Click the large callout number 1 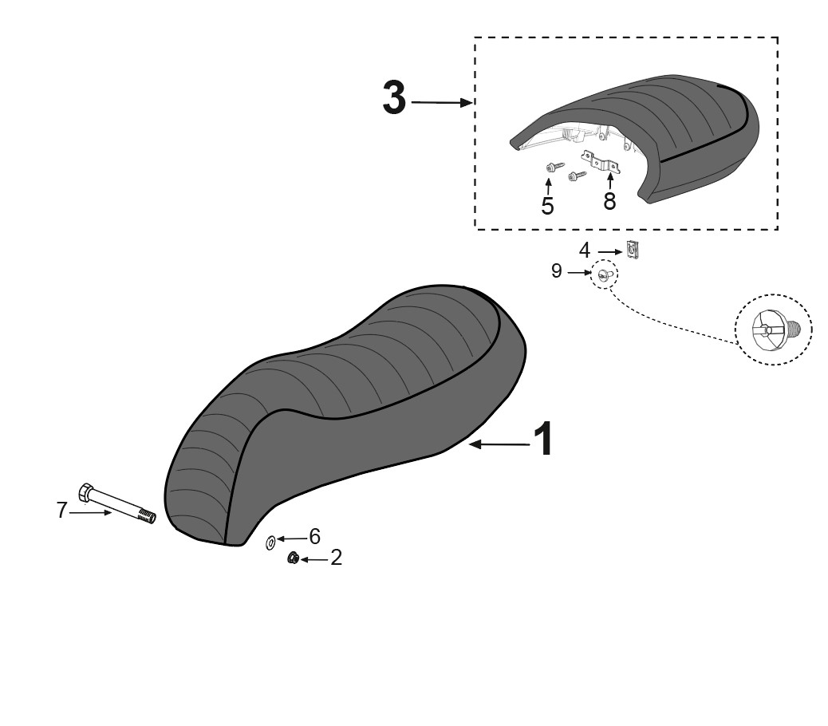pyautogui.click(x=543, y=440)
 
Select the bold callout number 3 pyautogui.click(x=395, y=98)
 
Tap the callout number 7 pyautogui.click(x=61, y=511)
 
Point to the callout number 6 pyautogui.click(x=315, y=537)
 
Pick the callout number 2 pyautogui.click(x=336, y=558)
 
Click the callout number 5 pyautogui.click(x=547, y=207)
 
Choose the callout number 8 pyautogui.click(x=610, y=201)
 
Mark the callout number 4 pyautogui.click(x=584, y=251)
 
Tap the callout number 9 pyautogui.click(x=556, y=271)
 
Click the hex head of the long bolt pyautogui.click(x=86, y=492)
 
